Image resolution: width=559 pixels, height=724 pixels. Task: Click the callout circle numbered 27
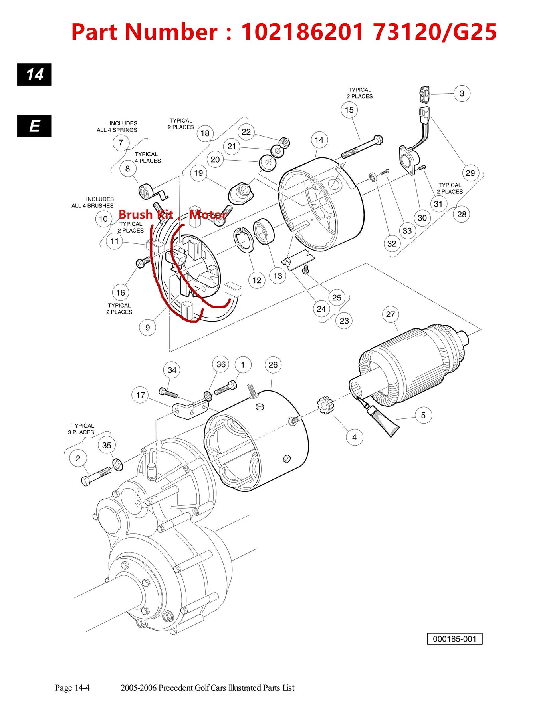click(x=391, y=314)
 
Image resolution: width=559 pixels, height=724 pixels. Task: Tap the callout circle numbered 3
click(x=462, y=93)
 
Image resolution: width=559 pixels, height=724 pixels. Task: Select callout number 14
click(x=319, y=140)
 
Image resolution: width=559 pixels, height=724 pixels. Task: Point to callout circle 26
click(x=273, y=365)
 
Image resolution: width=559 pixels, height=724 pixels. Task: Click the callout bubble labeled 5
click(x=423, y=415)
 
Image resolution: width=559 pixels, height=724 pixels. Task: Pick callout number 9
click(x=147, y=328)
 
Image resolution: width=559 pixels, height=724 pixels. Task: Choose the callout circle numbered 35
click(x=107, y=445)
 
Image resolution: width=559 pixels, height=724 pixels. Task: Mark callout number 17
click(x=140, y=395)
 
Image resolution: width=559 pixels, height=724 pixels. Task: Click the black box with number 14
click(x=34, y=74)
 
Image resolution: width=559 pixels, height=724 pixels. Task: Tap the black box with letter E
click(x=34, y=126)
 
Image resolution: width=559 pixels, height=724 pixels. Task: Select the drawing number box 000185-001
click(x=454, y=639)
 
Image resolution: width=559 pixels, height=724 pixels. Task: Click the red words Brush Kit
click(x=146, y=215)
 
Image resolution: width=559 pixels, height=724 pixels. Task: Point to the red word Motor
click(x=208, y=215)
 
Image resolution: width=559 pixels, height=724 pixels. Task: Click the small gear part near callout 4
click(x=325, y=405)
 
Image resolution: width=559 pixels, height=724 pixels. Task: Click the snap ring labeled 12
click(x=243, y=240)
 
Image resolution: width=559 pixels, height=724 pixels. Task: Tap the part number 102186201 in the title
click(x=302, y=32)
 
